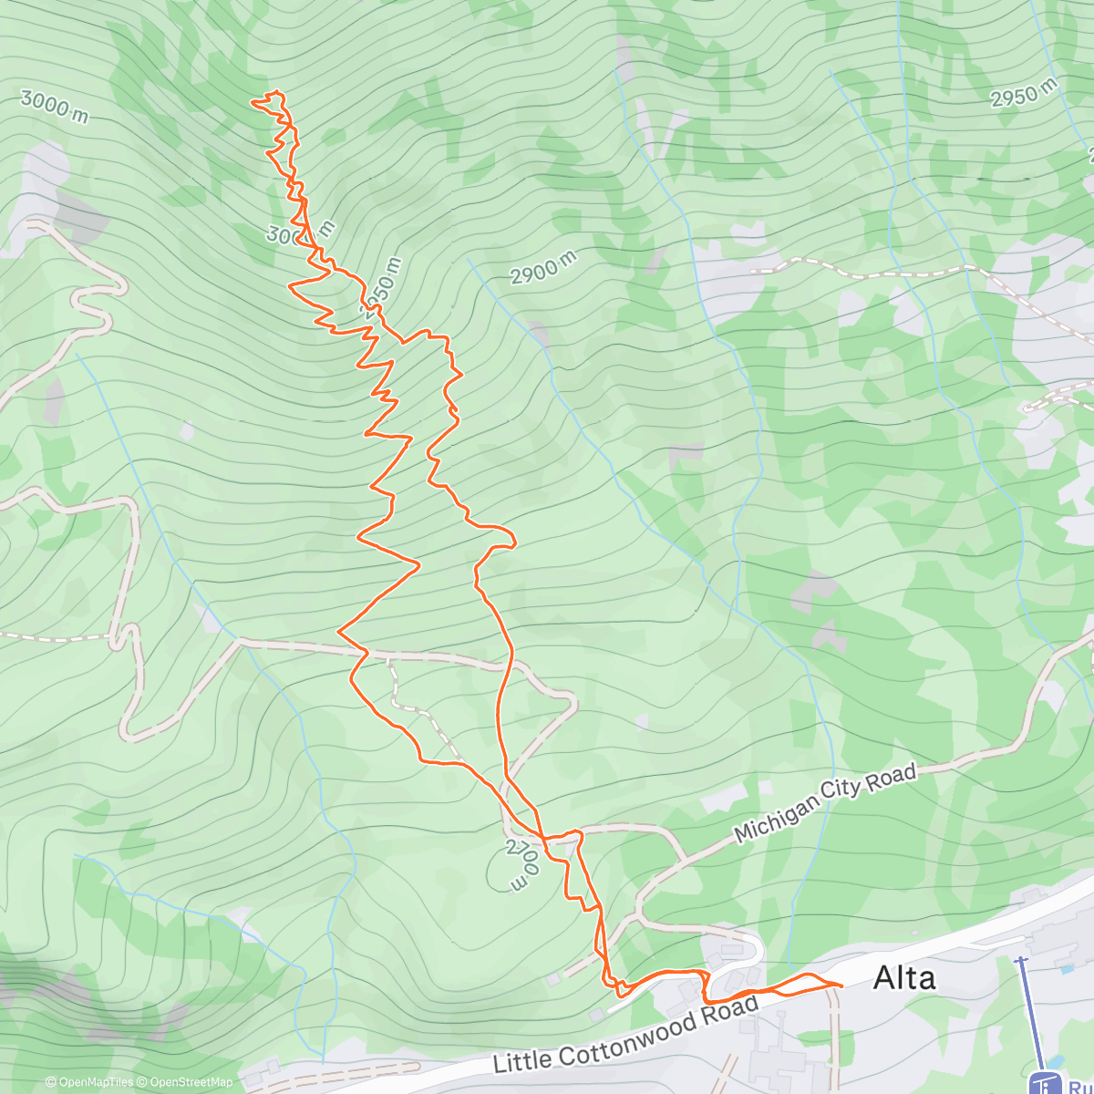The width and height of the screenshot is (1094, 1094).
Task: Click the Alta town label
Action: pyautogui.click(x=903, y=978)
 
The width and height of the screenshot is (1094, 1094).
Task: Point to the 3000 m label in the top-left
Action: pyautogui.click(x=55, y=106)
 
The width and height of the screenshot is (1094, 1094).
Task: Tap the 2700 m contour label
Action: pyautogui.click(x=524, y=866)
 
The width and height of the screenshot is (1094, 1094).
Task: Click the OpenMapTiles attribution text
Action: pyautogui.click(x=96, y=1082)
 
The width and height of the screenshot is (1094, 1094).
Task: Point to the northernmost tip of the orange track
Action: pyautogui.click(x=277, y=92)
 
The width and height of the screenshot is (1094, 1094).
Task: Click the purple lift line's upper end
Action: pyautogui.click(x=1021, y=959)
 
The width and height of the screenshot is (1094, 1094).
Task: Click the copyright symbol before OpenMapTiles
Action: pyautogui.click(x=51, y=1082)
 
